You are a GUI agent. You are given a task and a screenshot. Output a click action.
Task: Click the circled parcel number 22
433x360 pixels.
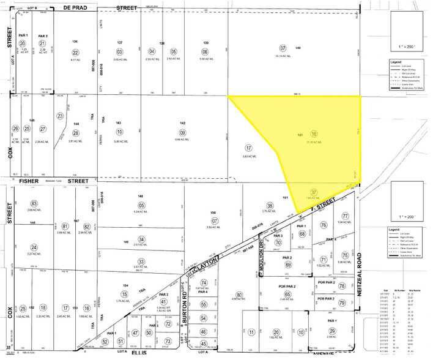tap(76, 53)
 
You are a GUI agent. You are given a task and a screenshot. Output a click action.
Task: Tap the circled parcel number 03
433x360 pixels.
tap(120, 52)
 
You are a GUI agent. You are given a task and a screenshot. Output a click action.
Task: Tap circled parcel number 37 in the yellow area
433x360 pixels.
tap(314, 192)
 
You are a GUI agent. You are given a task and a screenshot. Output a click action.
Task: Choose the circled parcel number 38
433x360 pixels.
tap(270, 206)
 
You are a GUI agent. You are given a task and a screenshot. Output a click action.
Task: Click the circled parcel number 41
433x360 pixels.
tap(164, 302)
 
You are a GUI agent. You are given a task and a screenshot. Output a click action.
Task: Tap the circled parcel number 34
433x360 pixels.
tap(142, 239)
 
